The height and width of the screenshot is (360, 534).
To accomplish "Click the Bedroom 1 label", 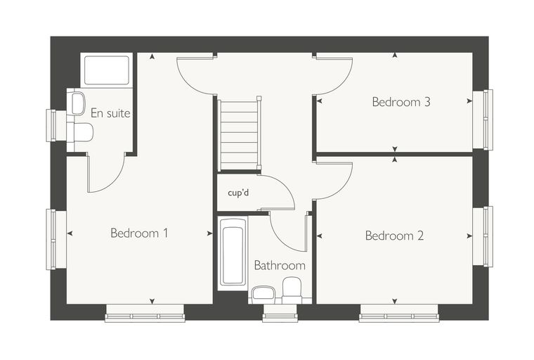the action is tap(139, 233).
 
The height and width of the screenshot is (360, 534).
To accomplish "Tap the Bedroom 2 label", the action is tap(394, 236).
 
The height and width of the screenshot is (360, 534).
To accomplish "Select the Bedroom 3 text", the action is tap(401, 101).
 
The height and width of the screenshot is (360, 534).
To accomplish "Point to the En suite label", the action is tap(110, 112).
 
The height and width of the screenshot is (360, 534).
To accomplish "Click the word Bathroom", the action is tap(280, 265).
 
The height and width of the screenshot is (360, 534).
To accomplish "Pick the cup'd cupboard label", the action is tap(238, 193).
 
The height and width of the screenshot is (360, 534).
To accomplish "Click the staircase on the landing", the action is tap(239, 135).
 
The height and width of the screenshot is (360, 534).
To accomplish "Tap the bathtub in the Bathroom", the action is tap(233, 252).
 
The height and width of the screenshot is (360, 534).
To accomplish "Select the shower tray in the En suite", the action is tap(107, 70).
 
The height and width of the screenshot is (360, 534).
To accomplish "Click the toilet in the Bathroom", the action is tap(292, 290).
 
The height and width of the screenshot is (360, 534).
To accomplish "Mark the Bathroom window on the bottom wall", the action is tap(280, 313).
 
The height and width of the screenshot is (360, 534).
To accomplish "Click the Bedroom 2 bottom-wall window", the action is tap(399, 313).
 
